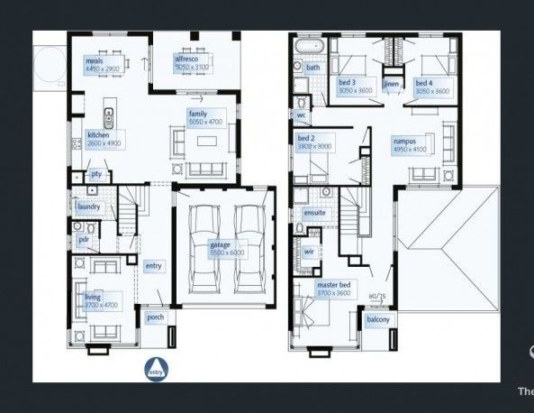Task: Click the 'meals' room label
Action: coord(94,60)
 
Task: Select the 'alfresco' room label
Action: coord(186,58)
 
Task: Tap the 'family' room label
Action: coord(197,114)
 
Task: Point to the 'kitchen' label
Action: coord(98,134)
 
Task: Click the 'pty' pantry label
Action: coord(96,173)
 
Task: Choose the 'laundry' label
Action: coord(88,206)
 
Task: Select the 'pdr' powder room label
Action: coord(84,239)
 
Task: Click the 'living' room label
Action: coord(92,297)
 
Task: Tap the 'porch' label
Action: coord(154,317)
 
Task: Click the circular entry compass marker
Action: coord(155,369)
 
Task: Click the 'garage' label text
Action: coord(221,244)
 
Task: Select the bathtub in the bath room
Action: coord(312,46)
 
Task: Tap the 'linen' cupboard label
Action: coord(391,84)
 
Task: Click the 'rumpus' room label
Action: coord(404,142)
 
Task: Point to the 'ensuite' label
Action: coord(314,213)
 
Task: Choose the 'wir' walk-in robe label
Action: coord(308,252)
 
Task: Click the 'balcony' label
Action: coord(377,320)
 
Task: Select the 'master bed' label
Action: coord(332,285)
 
